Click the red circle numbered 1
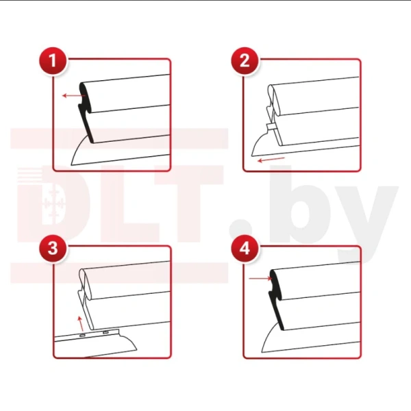(x=53, y=61)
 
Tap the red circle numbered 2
(x=245, y=61)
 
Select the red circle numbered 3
(x=53, y=248)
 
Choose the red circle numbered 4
(x=245, y=248)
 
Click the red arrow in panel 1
(x=74, y=96)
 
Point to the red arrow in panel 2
(x=271, y=160)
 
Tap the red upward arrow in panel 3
(x=81, y=323)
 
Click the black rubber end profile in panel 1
(x=86, y=113)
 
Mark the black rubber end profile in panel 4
(x=277, y=299)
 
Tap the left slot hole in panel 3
(x=82, y=335)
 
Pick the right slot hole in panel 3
(x=105, y=332)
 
